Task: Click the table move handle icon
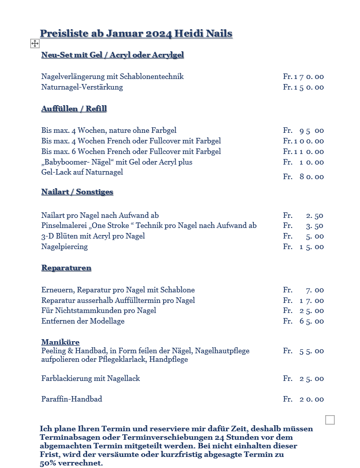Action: tap(35, 44)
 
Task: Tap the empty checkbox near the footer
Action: tap(330, 420)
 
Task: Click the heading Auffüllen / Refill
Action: tap(74, 109)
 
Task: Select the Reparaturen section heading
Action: tap(66, 268)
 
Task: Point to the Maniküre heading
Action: tap(60, 342)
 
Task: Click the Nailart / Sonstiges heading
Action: tap(77, 192)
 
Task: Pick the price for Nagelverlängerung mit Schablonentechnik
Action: tap(303, 77)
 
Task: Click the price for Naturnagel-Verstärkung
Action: tap(303, 88)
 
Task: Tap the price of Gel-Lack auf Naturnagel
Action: tap(303, 177)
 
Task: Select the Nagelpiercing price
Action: tap(303, 247)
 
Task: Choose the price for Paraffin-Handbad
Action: tap(303, 400)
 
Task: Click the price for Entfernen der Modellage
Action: tap(303, 322)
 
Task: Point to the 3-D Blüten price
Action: tap(303, 237)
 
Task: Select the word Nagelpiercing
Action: tap(64, 247)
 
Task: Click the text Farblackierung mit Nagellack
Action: tap(91, 378)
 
